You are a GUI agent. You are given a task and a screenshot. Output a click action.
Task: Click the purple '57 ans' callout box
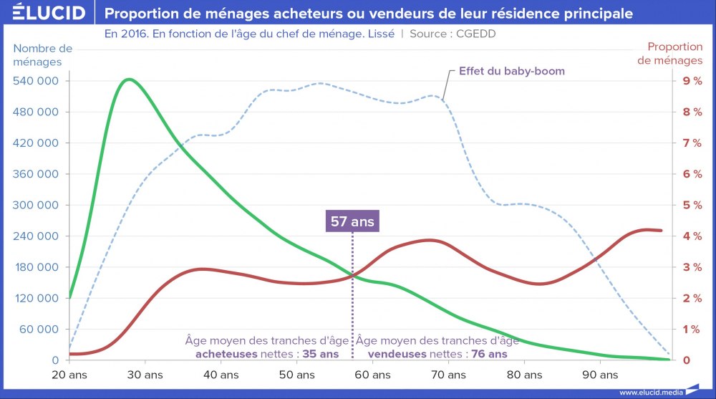tap(352, 221)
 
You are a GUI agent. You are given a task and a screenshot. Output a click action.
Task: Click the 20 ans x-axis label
tap(68, 375)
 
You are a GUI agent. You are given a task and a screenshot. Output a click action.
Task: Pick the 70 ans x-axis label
tap(447, 375)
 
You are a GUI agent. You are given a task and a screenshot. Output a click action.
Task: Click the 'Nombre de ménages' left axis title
tap(43, 55)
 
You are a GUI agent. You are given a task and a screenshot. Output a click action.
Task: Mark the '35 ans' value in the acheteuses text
tap(320, 354)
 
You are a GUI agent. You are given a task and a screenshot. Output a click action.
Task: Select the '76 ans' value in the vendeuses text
tap(489, 354)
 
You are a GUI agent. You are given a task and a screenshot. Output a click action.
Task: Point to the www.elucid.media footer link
tap(651, 392)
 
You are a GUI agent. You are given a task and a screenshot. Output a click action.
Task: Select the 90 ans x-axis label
tap(599, 375)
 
